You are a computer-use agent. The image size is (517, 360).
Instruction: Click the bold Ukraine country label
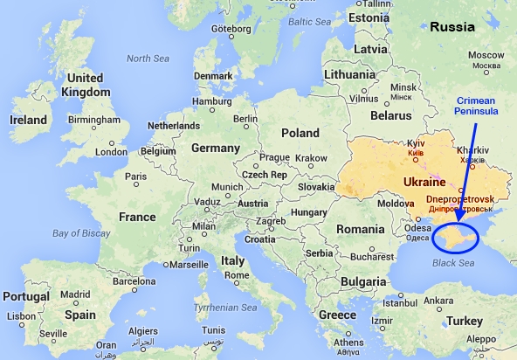(427, 182)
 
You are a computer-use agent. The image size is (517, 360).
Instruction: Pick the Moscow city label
(485, 55)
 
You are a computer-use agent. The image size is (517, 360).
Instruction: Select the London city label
(111, 151)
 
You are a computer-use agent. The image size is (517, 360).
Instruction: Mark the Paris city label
(135, 177)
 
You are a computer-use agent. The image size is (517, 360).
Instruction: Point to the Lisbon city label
(21, 317)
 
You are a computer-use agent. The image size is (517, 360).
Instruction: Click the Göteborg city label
(231, 28)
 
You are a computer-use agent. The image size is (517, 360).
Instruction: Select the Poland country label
(301, 132)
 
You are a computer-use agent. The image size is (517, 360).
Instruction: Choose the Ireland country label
(28, 120)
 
